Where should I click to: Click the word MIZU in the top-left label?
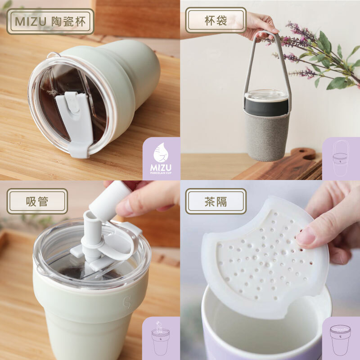tap(31, 22)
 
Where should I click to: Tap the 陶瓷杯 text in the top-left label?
tap(68, 22)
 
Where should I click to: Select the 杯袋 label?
tap(216, 20)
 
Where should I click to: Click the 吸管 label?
tap(37, 201)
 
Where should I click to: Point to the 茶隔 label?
tap(216, 201)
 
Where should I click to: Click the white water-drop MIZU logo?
tap(161, 158)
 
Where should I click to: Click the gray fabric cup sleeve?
tap(266, 135)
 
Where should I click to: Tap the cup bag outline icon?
tap(341, 158)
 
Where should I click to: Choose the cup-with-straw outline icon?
tap(161, 337)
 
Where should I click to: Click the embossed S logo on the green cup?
tap(127, 302)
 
